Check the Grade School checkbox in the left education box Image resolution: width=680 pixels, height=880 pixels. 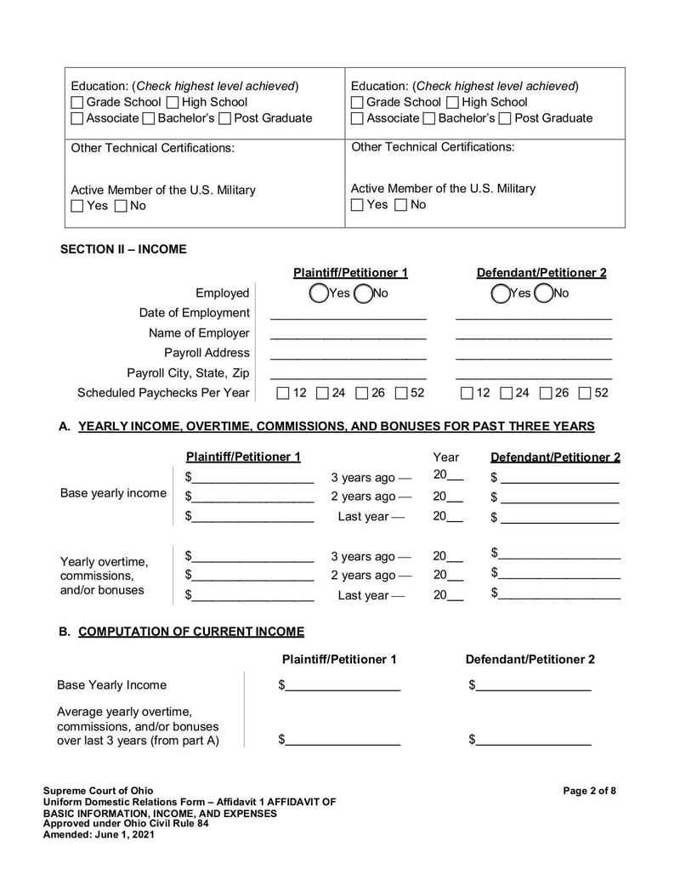click(x=77, y=102)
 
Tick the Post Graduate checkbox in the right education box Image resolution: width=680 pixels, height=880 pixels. click(x=505, y=118)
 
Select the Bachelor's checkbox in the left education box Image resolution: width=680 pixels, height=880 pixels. click(x=149, y=118)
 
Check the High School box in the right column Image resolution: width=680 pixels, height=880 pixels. click(x=453, y=102)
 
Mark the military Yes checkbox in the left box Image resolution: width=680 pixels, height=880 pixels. click(x=77, y=206)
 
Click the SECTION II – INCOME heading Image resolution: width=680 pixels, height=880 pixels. click(x=123, y=249)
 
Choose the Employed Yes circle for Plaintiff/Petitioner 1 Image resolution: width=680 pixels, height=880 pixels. click(x=319, y=293)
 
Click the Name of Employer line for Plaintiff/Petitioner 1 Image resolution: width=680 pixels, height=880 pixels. click(x=348, y=334)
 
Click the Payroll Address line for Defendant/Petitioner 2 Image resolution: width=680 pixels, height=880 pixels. click(x=533, y=354)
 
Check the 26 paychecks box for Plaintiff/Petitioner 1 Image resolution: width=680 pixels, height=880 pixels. click(x=362, y=393)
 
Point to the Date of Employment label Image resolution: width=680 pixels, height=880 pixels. click(x=195, y=313)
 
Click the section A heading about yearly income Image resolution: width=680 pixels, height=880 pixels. click(x=336, y=426)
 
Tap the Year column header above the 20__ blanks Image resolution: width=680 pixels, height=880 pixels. click(x=445, y=457)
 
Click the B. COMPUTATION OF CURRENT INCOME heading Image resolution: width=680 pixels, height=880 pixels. click(x=190, y=632)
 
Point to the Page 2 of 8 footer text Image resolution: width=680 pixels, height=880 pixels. click(x=589, y=791)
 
